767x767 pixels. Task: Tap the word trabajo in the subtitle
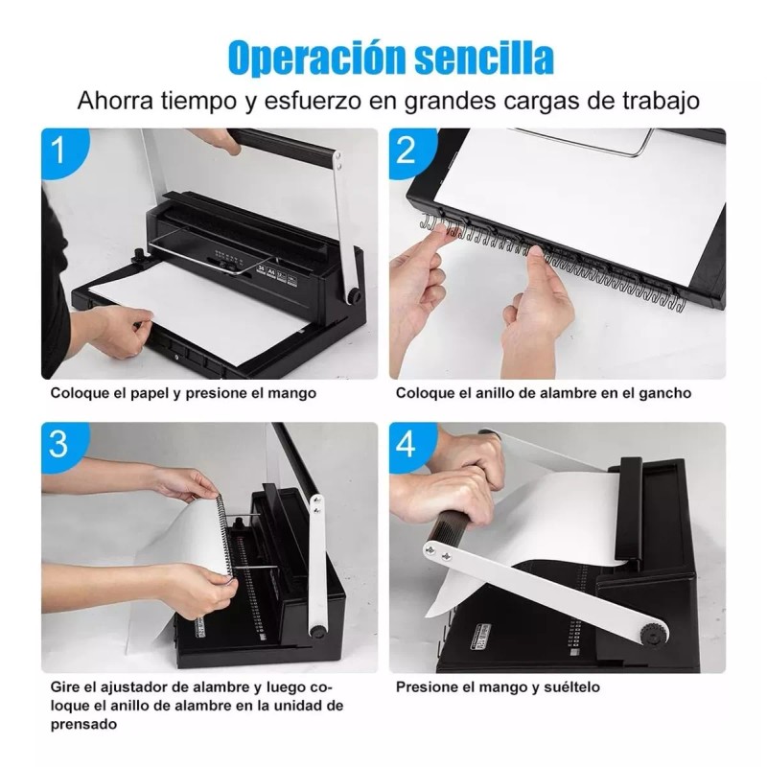(656, 101)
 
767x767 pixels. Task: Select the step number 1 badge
(61, 151)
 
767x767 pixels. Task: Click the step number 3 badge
(61, 444)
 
